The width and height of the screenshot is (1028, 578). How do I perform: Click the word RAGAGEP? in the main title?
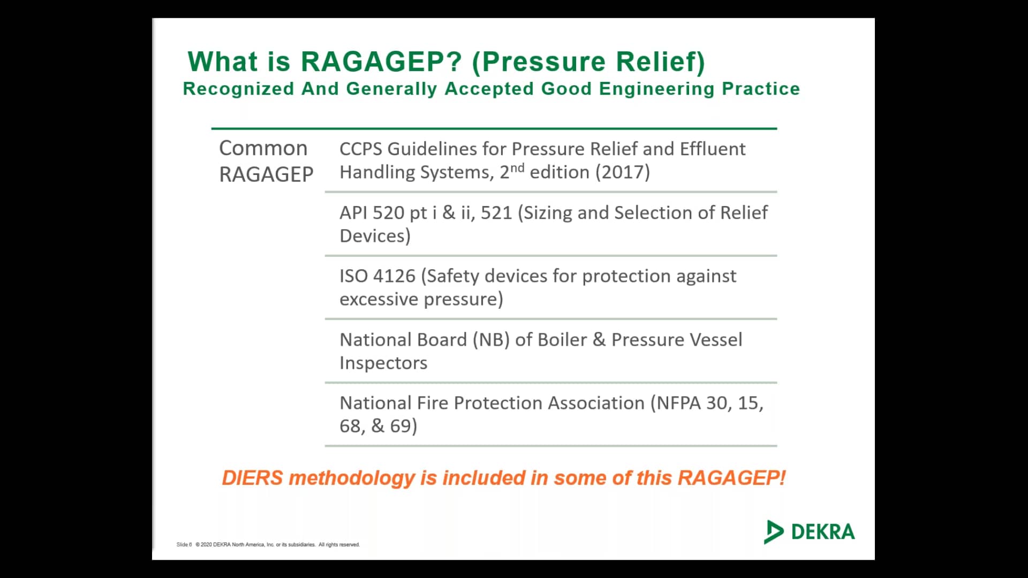[381, 62]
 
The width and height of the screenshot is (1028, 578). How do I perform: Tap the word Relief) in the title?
[660, 62]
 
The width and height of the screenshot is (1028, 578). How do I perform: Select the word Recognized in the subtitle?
[238, 89]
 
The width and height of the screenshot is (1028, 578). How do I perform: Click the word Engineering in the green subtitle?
[656, 89]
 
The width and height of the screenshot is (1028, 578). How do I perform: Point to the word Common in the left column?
[263, 148]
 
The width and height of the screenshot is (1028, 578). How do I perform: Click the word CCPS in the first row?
[360, 149]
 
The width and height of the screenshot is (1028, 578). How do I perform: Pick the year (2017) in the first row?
[622, 172]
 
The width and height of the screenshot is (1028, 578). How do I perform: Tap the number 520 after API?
[388, 213]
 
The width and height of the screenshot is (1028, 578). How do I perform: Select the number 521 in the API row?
[496, 213]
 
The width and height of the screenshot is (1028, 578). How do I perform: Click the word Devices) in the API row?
[375, 236]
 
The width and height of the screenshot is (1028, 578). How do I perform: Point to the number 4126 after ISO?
[395, 276]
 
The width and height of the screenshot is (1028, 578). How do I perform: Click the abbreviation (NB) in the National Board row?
[491, 340]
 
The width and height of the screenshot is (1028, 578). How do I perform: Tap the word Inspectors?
[383, 363]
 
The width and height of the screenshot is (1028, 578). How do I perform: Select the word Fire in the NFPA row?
[432, 403]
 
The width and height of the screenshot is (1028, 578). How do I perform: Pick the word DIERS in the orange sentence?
[252, 478]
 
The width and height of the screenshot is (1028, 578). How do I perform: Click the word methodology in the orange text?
[352, 478]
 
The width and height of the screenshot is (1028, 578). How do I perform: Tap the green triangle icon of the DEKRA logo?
[773, 532]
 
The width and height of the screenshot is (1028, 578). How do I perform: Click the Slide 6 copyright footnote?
[268, 545]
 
